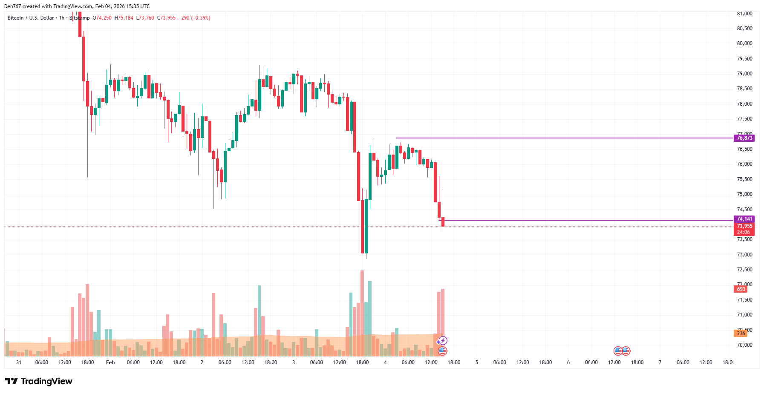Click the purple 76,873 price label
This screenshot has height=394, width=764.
[744, 138]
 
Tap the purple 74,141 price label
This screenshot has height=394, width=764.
[744, 219]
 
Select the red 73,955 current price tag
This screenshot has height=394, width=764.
[744, 226]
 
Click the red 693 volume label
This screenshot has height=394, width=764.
[741, 289]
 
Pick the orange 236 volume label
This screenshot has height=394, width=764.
[741, 334]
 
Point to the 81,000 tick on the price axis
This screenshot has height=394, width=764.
[744, 14]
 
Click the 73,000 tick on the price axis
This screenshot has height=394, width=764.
[744, 255]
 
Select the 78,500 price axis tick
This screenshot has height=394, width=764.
[744, 89]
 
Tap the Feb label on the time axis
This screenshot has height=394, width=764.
[110, 362]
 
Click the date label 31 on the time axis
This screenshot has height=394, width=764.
[19, 362]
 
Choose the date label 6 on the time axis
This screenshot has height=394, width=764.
[568, 362]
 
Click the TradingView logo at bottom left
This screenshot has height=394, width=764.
[39, 381]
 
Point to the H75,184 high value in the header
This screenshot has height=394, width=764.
[124, 18]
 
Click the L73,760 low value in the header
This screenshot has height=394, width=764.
[145, 18]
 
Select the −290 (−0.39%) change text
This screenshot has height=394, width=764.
[195, 18]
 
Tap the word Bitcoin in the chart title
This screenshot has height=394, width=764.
[16, 18]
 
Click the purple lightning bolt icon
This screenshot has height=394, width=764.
[443, 340]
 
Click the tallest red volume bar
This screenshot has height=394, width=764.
[362, 313]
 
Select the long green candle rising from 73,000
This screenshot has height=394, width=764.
[366, 226]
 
